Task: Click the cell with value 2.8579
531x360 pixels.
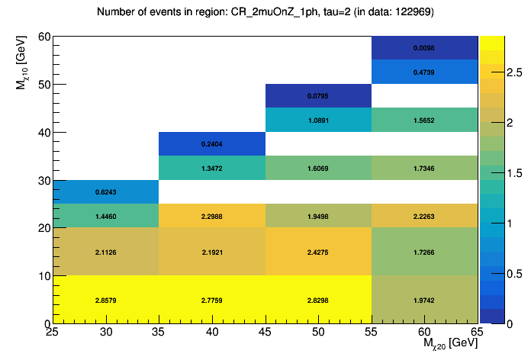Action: (106, 300)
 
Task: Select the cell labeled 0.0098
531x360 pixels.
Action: (425, 48)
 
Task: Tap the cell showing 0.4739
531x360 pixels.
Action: (425, 72)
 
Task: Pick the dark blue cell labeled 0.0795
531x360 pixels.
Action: (318, 96)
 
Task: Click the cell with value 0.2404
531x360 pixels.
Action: (212, 143)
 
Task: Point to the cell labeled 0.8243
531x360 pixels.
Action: (106, 191)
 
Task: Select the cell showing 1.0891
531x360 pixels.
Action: (318, 120)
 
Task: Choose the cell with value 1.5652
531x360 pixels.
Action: (425, 120)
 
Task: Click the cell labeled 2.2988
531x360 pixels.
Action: (212, 216)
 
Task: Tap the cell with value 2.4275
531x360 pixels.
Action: (318, 252)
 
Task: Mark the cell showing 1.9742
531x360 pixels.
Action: (425, 300)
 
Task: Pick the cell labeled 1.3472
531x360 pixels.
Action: (212, 168)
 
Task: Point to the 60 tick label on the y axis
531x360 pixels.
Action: (43, 37)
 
